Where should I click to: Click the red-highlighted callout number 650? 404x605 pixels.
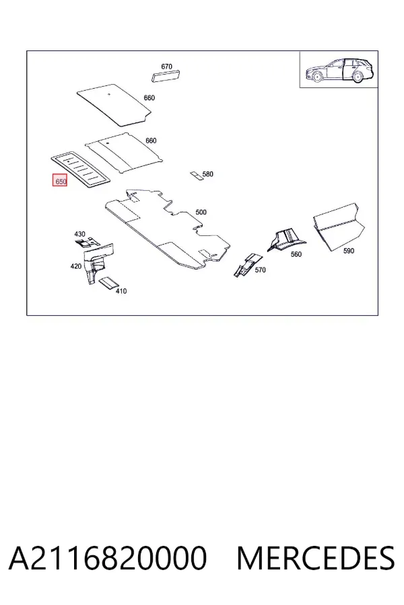pyautogui.click(x=60, y=181)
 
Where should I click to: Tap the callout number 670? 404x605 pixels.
pyautogui.click(x=166, y=67)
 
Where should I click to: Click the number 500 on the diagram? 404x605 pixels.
pyautogui.click(x=201, y=212)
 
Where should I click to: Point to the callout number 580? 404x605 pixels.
pyautogui.click(x=207, y=174)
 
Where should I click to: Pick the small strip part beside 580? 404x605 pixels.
pyautogui.click(x=196, y=175)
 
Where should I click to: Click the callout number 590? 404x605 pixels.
pyautogui.click(x=349, y=251)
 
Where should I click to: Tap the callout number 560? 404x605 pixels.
pyautogui.click(x=296, y=254)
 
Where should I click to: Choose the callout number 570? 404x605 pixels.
pyautogui.click(x=260, y=270)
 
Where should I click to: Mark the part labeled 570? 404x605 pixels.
pyautogui.click(x=246, y=264)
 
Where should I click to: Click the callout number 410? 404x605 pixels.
pyautogui.click(x=121, y=291)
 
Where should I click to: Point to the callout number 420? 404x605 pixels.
pyautogui.click(x=76, y=266)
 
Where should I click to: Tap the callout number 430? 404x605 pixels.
pyautogui.click(x=79, y=234)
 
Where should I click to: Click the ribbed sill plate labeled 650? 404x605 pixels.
pyautogui.click(x=81, y=170)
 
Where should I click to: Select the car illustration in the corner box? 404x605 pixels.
pyautogui.click(x=339, y=70)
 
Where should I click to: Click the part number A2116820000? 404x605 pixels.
pyautogui.click(x=108, y=558)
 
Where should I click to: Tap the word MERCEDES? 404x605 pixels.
pyautogui.click(x=316, y=558)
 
